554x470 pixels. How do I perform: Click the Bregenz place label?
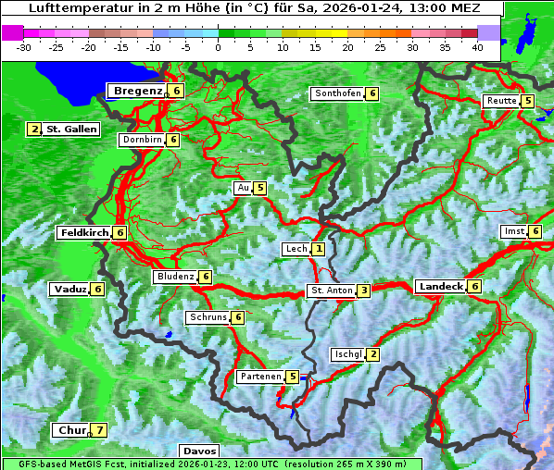138,91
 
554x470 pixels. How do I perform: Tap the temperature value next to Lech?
319,249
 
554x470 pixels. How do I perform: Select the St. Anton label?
332,291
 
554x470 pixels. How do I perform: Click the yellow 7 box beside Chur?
99,430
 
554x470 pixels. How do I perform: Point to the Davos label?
199,451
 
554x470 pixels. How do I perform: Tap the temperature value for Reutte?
527,101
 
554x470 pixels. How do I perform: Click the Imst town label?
513,230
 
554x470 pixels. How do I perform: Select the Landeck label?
440,287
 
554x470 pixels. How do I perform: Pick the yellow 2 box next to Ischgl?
372,354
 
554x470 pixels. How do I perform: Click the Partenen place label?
259,377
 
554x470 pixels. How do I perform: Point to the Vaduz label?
70,289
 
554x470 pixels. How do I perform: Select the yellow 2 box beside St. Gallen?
34,130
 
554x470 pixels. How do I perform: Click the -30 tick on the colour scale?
24,46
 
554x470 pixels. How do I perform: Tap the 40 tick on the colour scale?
476,46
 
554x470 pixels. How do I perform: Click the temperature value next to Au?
260,188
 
